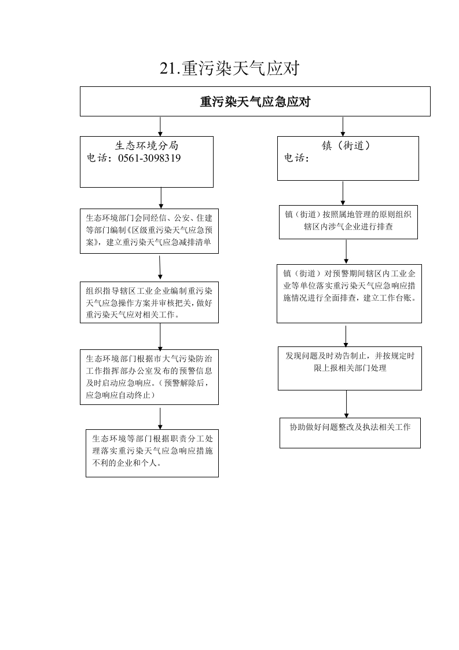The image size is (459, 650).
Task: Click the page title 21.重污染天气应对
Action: [x=229, y=68]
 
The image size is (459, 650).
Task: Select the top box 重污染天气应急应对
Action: [x=255, y=101]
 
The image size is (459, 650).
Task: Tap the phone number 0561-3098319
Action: [x=149, y=158]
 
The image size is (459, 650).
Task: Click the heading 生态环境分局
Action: [x=146, y=145]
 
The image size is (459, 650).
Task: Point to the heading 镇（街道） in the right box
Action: [x=346, y=145]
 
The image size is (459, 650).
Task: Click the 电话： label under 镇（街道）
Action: [x=296, y=158]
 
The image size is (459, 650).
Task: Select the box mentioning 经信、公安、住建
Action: [x=149, y=231]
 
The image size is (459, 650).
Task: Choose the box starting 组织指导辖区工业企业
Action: [x=149, y=302]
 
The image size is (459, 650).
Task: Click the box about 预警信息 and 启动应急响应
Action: [x=149, y=377]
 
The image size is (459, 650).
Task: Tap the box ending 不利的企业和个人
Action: [x=152, y=453]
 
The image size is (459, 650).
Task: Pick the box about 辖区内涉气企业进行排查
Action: [x=348, y=222]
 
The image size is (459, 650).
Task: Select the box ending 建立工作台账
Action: [x=349, y=294]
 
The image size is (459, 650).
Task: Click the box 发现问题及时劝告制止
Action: [x=350, y=368]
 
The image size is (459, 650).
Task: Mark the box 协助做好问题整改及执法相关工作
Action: [x=350, y=433]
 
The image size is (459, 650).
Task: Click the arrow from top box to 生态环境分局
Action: [x=160, y=126]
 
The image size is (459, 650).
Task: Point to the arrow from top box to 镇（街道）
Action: [x=343, y=126]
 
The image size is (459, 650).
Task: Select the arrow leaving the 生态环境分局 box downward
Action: [x=161, y=198]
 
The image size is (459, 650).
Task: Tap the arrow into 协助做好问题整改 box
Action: [x=346, y=404]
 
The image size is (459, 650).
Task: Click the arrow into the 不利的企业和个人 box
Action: [x=160, y=419]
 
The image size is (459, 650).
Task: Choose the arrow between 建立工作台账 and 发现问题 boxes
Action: [x=346, y=336]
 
